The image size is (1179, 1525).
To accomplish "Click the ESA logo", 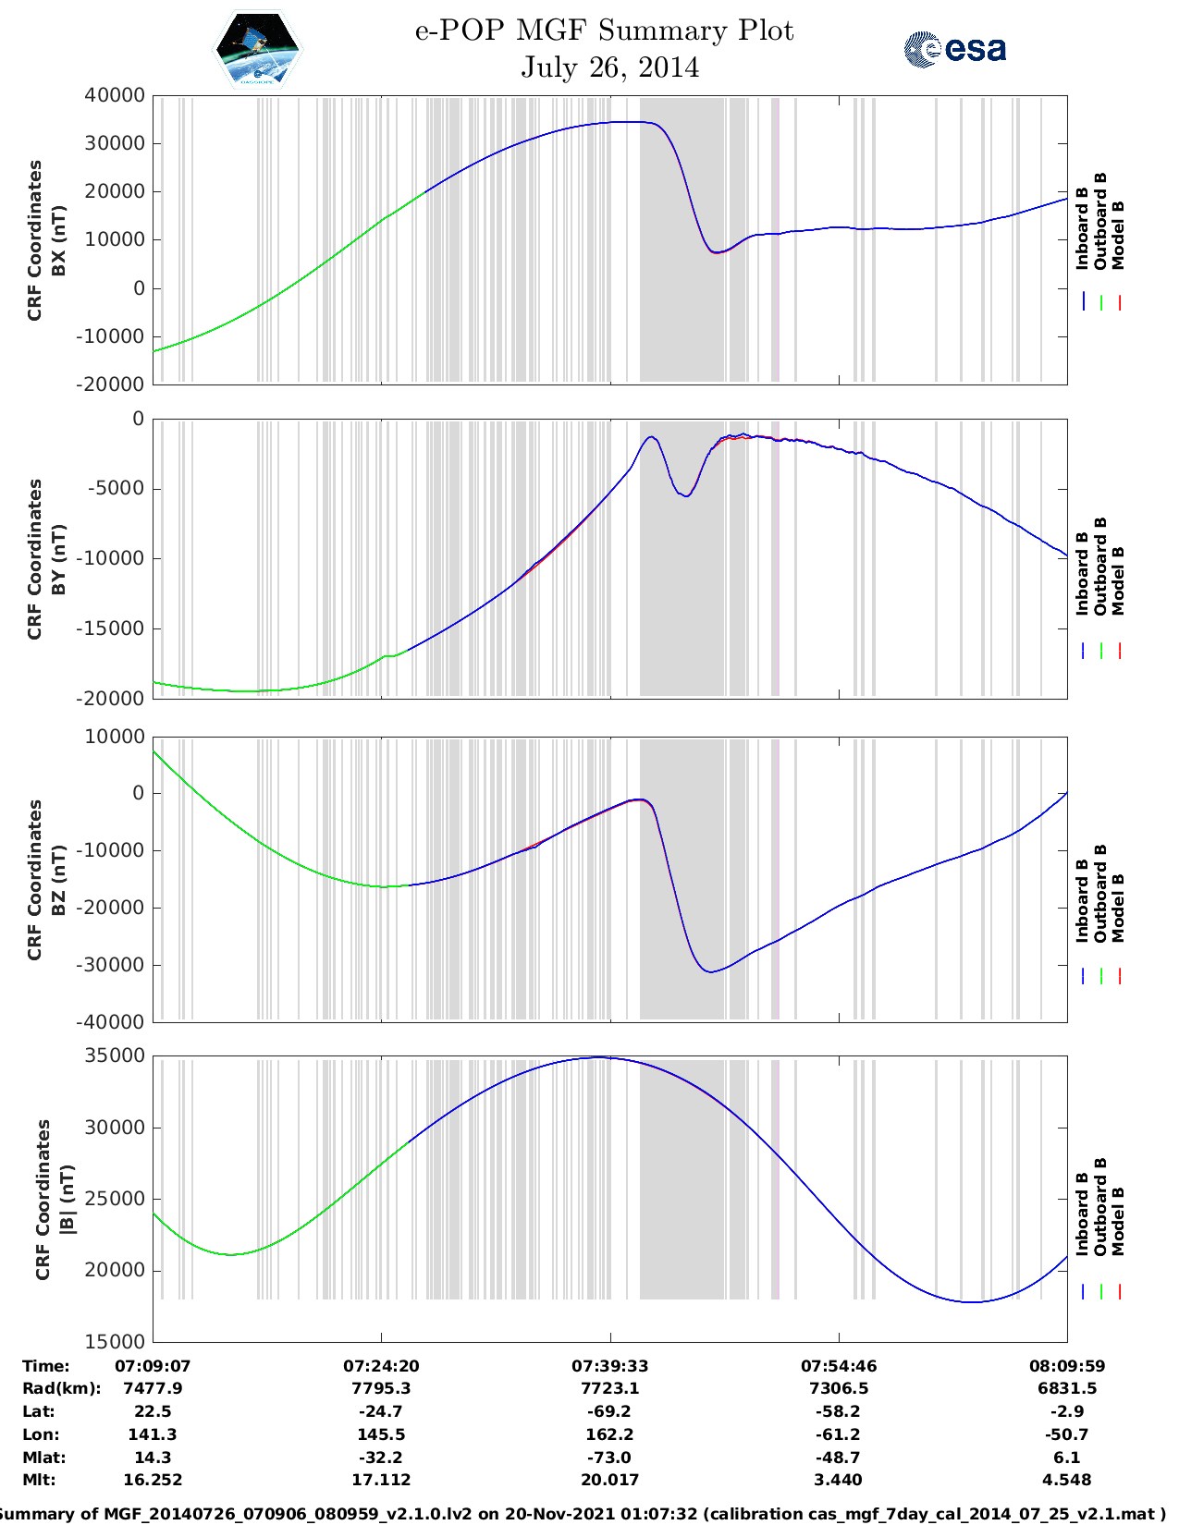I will (x=954, y=49).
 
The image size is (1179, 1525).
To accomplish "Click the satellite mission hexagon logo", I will (x=257, y=48).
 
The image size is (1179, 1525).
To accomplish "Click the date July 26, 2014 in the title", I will (x=609, y=67).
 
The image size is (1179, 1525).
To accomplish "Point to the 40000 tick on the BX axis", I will (x=114, y=95).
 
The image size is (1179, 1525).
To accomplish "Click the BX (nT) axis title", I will (x=59, y=240).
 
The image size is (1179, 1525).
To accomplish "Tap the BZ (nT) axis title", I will (x=59, y=880).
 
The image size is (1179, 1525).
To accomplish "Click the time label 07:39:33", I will (x=609, y=1366).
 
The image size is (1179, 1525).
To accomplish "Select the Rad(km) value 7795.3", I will (x=380, y=1388).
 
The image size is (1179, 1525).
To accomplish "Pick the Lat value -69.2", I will (x=609, y=1411).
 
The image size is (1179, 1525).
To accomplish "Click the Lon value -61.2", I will (x=838, y=1434).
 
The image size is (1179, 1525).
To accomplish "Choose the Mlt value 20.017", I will (x=609, y=1480).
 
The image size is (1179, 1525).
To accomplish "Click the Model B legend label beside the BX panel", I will (x=1118, y=235).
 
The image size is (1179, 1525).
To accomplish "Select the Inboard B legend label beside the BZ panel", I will (x=1082, y=900).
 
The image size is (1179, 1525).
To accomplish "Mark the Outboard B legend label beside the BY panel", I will (x=1100, y=566).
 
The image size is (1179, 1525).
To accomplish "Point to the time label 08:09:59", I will (x=1067, y=1366).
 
